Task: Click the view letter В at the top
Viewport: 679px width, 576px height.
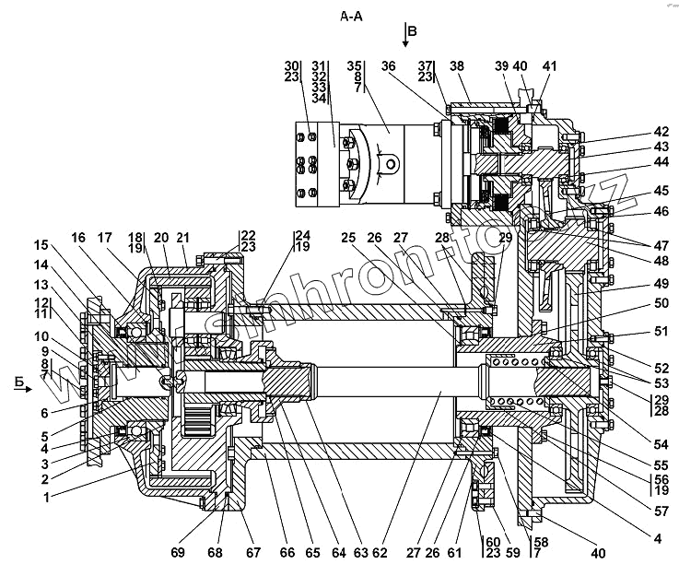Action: pos(412,31)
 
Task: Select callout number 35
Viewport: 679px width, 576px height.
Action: pos(355,66)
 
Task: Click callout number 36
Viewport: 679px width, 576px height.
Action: pos(388,66)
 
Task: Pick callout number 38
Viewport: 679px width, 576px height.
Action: pos(456,66)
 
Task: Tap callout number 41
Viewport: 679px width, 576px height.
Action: pos(549,66)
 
